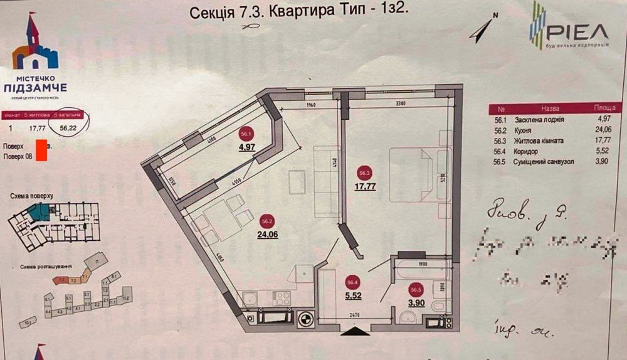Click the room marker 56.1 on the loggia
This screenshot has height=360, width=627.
246,134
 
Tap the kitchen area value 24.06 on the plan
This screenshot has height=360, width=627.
266,236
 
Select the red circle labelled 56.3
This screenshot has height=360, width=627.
364,174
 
